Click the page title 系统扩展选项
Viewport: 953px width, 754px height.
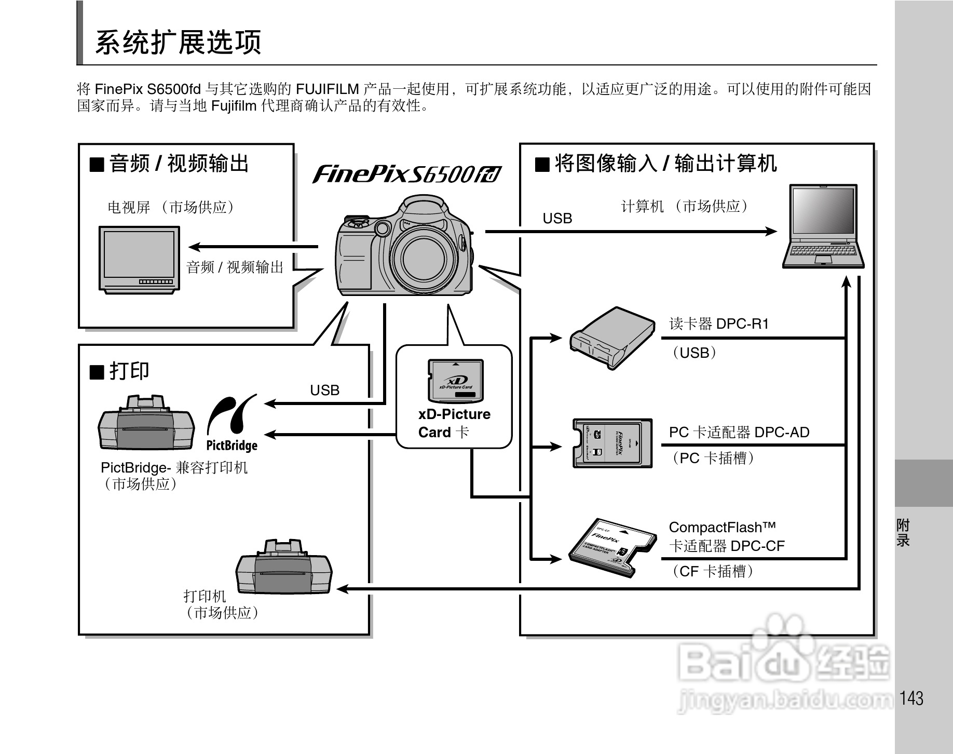[x=178, y=42]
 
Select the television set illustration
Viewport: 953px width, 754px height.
[x=140, y=259]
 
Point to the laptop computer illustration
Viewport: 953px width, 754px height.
[x=823, y=226]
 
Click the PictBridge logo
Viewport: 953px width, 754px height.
[x=232, y=424]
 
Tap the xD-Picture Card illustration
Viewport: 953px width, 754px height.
[x=455, y=381]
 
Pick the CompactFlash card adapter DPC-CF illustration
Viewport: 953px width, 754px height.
[x=610, y=547]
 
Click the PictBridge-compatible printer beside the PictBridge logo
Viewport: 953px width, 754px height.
[x=146, y=423]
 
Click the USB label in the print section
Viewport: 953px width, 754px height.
[x=324, y=390]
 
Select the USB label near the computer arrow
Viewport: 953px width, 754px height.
[x=557, y=219]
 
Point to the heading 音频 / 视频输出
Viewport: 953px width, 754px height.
[x=179, y=164]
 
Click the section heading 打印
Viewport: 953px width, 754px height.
[x=129, y=371]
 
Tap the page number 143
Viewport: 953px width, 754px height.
[x=911, y=698]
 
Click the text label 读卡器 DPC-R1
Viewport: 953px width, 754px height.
[x=718, y=324]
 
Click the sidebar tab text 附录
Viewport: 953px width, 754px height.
[x=903, y=533]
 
